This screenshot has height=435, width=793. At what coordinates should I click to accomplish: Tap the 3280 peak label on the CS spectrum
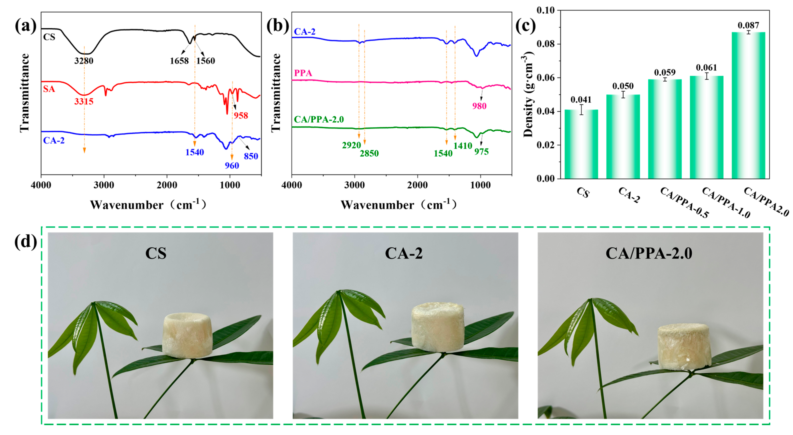[84, 61]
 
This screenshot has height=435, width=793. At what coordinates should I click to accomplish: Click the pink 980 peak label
[479, 106]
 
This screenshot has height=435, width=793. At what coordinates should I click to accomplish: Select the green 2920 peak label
[351, 145]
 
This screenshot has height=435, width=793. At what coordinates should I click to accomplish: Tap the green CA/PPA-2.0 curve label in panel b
[319, 119]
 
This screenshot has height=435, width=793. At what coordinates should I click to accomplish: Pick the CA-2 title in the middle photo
[404, 253]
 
